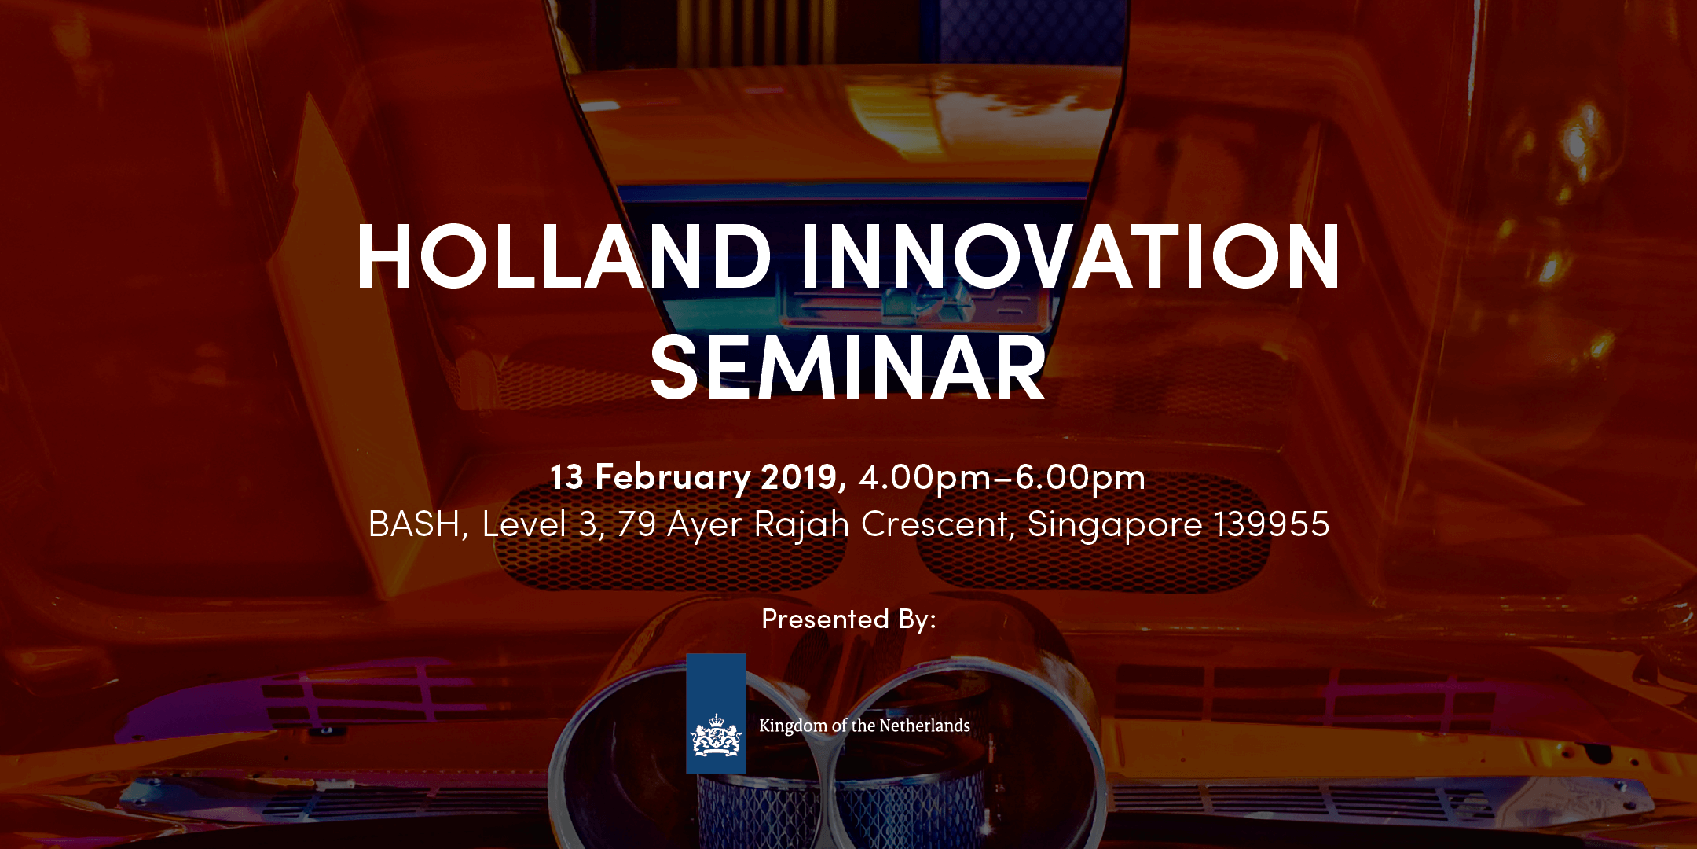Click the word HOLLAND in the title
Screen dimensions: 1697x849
564,256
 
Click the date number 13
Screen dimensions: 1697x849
566,477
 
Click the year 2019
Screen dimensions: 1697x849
804,477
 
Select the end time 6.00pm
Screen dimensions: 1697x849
1080,478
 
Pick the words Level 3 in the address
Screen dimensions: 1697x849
543,524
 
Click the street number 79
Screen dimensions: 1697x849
636,524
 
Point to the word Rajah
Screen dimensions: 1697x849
801,525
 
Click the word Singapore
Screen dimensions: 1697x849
1115,525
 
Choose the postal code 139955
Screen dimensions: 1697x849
1272,524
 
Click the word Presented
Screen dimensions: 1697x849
826,619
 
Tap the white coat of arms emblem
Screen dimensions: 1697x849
716,736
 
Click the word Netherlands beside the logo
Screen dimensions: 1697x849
925,726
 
